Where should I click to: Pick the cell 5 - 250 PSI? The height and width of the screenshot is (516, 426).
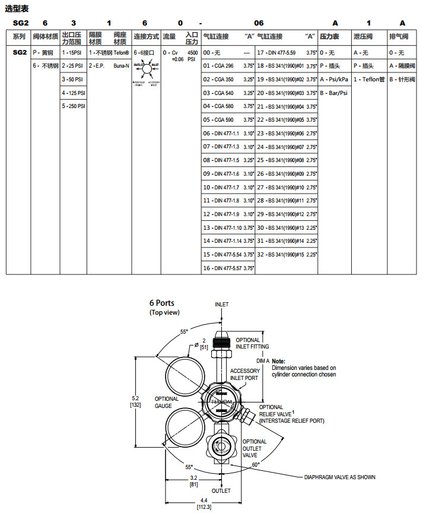[74, 106]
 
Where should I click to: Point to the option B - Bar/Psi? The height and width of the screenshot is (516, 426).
[334, 93]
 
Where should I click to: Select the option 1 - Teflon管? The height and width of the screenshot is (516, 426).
[368, 79]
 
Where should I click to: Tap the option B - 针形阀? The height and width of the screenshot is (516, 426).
[402, 79]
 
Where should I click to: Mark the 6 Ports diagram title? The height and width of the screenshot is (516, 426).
[161, 303]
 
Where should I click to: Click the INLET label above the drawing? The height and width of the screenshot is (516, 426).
[221, 305]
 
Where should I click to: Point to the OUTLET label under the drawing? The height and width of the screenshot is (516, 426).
[221, 491]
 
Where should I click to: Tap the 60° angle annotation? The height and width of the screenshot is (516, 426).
[256, 464]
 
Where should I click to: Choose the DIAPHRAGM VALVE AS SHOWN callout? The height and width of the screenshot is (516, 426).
[339, 477]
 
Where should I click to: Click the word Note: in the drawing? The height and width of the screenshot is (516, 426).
[279, 361]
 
